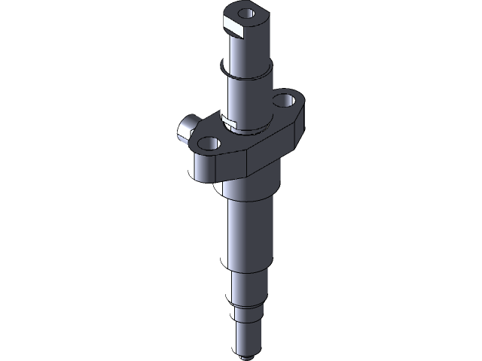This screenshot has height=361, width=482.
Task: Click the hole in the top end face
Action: [245, 14]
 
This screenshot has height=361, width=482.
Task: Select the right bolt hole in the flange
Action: [284, 99]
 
